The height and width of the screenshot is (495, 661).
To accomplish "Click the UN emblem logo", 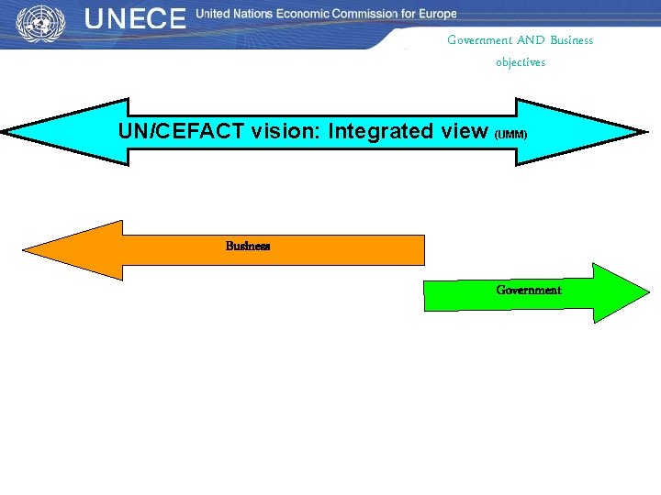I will pyautogui.click(x=37, y=21).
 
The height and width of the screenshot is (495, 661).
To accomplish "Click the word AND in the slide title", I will pyautogui.click(x=531, y=40).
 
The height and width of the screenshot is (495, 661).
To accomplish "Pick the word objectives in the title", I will pyautogui.click(x=520, y=62).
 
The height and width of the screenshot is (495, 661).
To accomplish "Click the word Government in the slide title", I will pyautogui.click(x=479, y=40).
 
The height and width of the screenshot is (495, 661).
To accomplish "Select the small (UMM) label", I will pyautogui.click(x=511, y=134).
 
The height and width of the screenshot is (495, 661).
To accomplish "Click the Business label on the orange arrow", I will pyautogui.click(x=248, y=246).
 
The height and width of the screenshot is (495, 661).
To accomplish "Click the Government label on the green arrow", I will pyautogui.click(x=528, y=290).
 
